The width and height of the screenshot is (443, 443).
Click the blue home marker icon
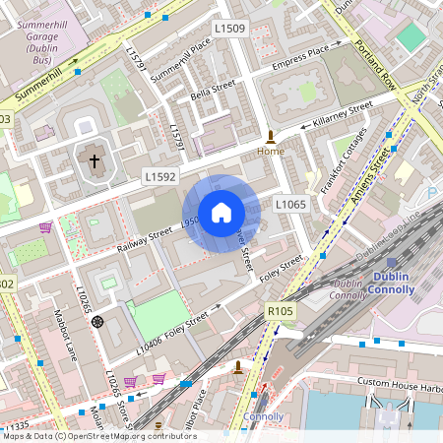click(221, 212)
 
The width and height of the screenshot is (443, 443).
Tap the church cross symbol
click(95, 160)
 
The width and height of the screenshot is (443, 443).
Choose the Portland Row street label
click(375, 64)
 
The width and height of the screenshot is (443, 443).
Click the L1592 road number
click(158, 177)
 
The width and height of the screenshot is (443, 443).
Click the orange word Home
click(271, 152)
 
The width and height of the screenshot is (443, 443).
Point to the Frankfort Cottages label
click(345, 158)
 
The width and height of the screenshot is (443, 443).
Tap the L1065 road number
click(291, 204)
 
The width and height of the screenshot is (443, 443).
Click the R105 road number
click(281, 311)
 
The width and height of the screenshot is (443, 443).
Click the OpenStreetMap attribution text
click(98, 435)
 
